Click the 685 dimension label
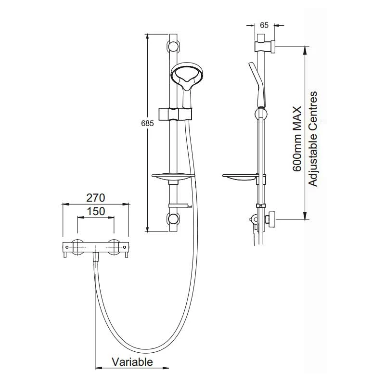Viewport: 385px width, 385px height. pyautogui.click(x=148, y=124)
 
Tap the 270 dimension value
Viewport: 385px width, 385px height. pyautogui.click(x=95, y=197)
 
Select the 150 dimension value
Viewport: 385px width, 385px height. pyautogui.click(x=96, y=211)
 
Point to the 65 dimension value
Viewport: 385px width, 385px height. pyautogui.click(x=263, y=26)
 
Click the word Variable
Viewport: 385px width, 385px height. pyautogui.click(x=132, y=361)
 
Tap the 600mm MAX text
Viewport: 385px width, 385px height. pyautogui.click(x=297, y=140)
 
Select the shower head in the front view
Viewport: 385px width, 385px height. pyautogui.click(x=189, y=77)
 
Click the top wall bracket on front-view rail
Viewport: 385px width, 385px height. pyautogui.click(x=173, y=47)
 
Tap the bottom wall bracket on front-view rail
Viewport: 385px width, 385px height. pyautogui.click(x=173, y=220)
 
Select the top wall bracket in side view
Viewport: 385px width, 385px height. pyautogui.click(x=264, y=47)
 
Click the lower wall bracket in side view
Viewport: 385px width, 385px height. pyautogui.click(x=269, y=220)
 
